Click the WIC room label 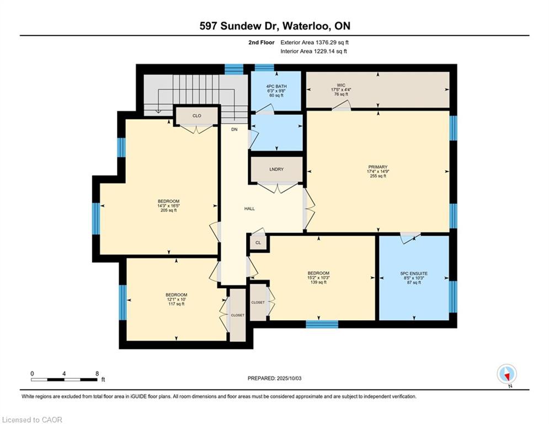[x=341, y=85]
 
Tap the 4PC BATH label [x=276, y=86]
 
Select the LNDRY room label [x=276, y=169]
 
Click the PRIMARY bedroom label [x=378, y=167]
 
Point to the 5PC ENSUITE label [x=414, y=273]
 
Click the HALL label [x=249, y=209]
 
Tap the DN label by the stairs [x=234, y=129]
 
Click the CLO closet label [x=197, y=115]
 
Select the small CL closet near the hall [x=258, y=242]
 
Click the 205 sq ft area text [x=169, y=210]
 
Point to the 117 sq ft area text [x=177, y=304]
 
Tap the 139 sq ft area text [x=318, y=282]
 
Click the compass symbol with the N [x=507, y=374]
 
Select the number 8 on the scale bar [x=97, y=374]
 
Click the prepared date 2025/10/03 [x=289, y=378]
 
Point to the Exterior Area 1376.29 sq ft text [x=315, y=43]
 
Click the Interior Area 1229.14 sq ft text [x=314, y=51]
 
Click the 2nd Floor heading [x=262, y=43]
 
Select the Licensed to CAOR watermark [x=32, y=420]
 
